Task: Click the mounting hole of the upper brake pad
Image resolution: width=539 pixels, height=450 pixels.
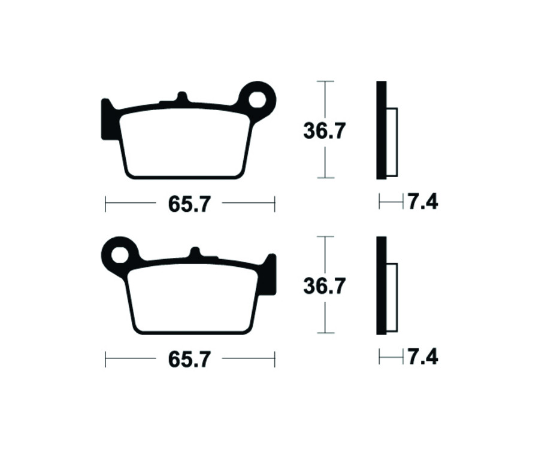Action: pyautogui.click(x=258, y=98)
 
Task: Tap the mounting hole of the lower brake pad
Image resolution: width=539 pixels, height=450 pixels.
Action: pyautogui.click(x=120, y=254)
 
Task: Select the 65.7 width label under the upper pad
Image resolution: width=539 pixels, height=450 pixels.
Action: pyautogui.click(x=189, y=204)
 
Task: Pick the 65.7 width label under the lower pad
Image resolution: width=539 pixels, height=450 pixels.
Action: pyautogui.click(x=189, y=360)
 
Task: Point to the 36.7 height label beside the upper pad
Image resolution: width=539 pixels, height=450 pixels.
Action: pyautogui.click(x=324, y=130)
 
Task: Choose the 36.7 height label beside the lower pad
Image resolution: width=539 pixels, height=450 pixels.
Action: pyautogui.click(x=324, y=286)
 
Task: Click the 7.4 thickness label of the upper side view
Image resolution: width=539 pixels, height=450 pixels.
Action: pyautogui.click(x=423, y=202)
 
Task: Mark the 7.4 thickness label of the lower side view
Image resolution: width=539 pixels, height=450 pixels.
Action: pyautogui.click(x=423, y=358)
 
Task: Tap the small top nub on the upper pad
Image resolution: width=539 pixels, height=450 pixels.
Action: pyautogui.click(x=183, y=97)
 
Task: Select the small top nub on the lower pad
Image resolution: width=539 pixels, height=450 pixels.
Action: pyautogui.click(x=195, y=252)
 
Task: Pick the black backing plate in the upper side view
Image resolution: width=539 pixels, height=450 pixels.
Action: pyautogui.click(x=381, y=130)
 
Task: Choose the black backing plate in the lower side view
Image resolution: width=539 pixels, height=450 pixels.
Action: pyautogui.click(x=381, y=285)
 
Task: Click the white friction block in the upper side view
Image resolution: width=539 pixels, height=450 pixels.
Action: pyautogui.click(x=392, y=142)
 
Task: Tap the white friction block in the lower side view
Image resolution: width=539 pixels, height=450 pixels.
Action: pyautogui.click(x=392, y=297)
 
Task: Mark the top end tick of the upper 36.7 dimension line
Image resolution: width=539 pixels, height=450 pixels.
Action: pyautogui.click(x=325, y=81)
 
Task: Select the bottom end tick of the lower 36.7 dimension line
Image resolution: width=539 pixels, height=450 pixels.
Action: pyautogui.click(x=325, y=333)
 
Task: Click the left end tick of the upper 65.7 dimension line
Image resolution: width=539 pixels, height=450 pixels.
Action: pyautogui.click(x=105, y=203)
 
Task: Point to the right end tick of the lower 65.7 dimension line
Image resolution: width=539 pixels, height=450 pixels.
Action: pyautogui.click(x=274, y=359)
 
